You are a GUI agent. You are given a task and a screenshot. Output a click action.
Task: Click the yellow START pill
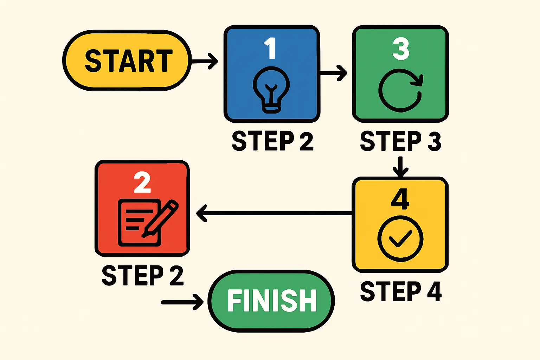coord(127,60)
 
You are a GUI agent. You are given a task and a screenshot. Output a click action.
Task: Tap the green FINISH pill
coord(271,301)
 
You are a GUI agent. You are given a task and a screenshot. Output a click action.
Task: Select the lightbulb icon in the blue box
coord(271,90)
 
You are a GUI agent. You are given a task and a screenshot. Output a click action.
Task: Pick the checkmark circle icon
coord(400,238)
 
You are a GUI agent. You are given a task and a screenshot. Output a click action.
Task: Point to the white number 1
coord(270,48)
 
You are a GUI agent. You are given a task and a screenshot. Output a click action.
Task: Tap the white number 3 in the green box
coord(401,49)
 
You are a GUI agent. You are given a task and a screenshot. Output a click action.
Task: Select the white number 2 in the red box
coord(142,183)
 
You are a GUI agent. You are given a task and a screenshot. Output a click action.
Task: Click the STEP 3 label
coord(400,141)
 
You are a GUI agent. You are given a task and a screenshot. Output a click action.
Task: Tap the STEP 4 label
coord(400,291)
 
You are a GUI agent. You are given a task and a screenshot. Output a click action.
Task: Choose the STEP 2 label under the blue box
coord(272,141)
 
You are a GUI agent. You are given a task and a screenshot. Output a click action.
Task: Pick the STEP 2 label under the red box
coord(142,275)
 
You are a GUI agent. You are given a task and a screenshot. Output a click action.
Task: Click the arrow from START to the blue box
coord(204,61)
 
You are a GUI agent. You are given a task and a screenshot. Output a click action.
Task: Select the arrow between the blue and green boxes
coord(333,73)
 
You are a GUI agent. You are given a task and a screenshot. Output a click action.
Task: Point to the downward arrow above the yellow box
coord(400,167)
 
